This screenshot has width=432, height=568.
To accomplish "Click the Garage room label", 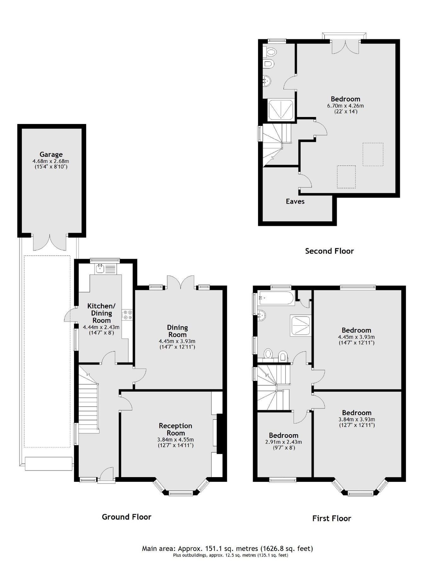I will coord(51,154).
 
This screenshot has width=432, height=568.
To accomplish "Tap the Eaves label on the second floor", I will coord(295,201).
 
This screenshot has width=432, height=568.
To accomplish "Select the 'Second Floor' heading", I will coord(329,251).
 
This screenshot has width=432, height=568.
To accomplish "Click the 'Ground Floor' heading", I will coord(126,517).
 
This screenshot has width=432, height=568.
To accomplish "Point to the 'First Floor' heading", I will coord(331,518).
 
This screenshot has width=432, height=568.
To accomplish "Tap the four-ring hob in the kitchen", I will coord(128,314).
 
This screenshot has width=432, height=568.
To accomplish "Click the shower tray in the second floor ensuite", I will coord(280,109).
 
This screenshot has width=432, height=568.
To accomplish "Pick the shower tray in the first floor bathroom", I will coord(300,326).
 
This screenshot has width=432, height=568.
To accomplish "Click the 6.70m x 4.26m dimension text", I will coord(345,106).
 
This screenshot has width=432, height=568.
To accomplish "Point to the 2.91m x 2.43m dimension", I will coord(283,442).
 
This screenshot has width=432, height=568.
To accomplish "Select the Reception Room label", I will coord(175,429).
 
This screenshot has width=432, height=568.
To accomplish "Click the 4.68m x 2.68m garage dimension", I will coord(51,161).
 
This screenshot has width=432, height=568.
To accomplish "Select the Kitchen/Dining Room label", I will coord(101,313).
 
